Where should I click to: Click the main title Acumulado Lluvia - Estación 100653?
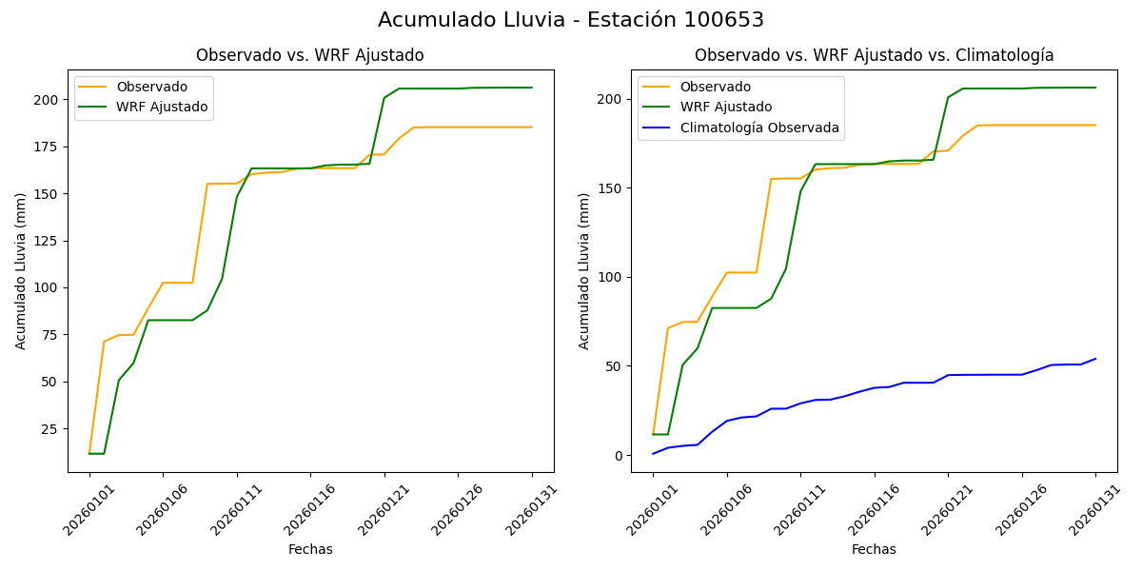coord(571,20)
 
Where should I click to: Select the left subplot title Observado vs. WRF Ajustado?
coord(309,55)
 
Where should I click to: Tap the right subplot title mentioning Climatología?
coord(874,55)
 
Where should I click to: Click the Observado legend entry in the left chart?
coord(152,88)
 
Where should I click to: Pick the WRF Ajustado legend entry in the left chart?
coord(162,107)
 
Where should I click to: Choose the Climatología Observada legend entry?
coord(758,128)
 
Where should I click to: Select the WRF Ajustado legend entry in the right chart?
coord(725,108)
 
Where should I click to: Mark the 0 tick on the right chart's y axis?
coord(618,456)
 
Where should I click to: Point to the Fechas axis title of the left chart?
coord(310,549)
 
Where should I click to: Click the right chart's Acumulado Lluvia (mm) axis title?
coord(583,271)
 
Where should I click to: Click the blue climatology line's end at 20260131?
coord(1095,359)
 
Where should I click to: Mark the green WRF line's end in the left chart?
coord(532,88)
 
